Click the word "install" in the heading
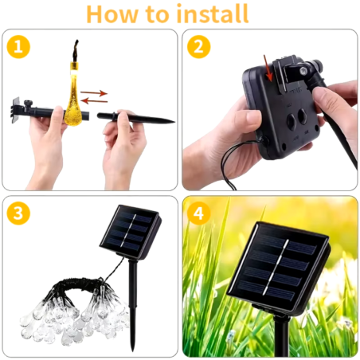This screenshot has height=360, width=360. point(212,14)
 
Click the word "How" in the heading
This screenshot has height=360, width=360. point(112,14)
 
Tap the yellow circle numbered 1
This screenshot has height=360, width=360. point(18,47)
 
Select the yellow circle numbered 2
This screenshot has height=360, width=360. point(199,47)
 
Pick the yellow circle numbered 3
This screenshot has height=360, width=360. point(18,213)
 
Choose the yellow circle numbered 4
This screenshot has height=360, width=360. point(199,213)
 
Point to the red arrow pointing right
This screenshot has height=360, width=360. point(94,93)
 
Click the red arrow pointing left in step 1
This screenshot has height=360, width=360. point(94,100)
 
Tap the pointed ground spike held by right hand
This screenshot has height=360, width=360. point(136,118)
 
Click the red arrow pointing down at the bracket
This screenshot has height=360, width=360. point(268,68)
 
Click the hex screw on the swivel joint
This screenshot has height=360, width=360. point(303,72)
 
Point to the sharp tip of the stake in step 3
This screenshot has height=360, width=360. point(132,351)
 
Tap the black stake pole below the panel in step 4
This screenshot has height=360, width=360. point(281,336)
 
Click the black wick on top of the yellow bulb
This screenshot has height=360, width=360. point(75,51)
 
